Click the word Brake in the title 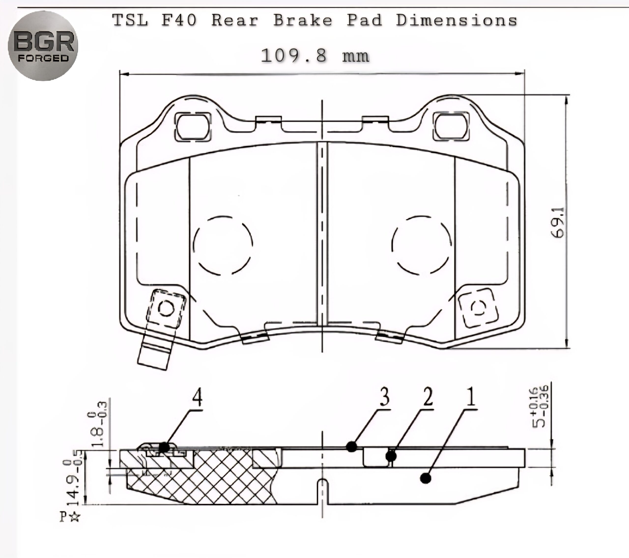click(x=303, y=20)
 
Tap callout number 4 click(x=197, y=397)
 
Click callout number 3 click(x=384, y=397)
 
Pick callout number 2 click(x=428, y=397)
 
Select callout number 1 click(x=471, y=397)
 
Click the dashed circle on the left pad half click(x=223, y=245)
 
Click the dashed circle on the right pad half click(x=422, y=245)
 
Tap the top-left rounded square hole click(x=193, y=127)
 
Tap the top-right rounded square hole click(x=451, y=127)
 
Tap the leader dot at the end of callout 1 click(x=426, y=478)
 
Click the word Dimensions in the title click(x=456, y=20)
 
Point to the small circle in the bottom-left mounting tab click(x=166, y=308)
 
